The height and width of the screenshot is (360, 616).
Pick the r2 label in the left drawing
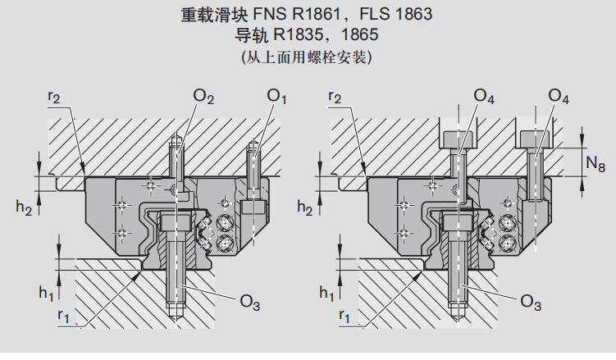coord(53,97)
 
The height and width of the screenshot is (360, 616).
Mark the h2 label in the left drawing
coord(24,209)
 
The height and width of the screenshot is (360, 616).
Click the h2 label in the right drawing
coord(305,209)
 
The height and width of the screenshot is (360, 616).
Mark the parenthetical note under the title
coord(307,58)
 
